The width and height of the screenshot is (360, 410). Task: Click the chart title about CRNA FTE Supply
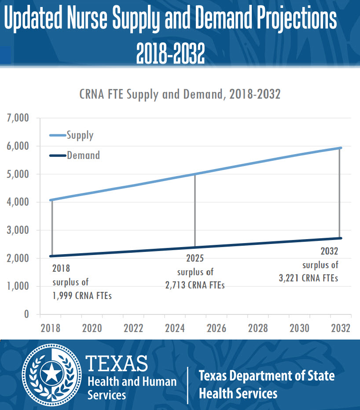pos(180,94)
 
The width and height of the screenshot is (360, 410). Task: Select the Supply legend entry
pos(80,135)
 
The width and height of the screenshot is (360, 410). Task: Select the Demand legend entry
pos(83,155)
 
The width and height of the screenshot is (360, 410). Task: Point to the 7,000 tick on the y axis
pos(18,118)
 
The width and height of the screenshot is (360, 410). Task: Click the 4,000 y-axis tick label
pos(18,202)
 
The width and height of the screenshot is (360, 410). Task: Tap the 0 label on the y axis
pos(26,314)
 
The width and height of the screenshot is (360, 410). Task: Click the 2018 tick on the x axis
pos(51,328)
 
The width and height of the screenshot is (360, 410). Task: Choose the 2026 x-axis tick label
pos(216,328)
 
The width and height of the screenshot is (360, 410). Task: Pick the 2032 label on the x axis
pos(340,328)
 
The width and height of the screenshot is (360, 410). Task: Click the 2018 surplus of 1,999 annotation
pos(81,282)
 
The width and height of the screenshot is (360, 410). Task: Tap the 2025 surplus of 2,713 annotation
pos(195,272)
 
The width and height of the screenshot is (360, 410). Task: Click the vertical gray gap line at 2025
pos(195,211)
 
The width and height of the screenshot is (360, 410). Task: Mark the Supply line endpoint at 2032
pos(340,148)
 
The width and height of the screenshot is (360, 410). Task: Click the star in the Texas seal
pos(52,374)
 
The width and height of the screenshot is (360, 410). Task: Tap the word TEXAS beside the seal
pos(117,363)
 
